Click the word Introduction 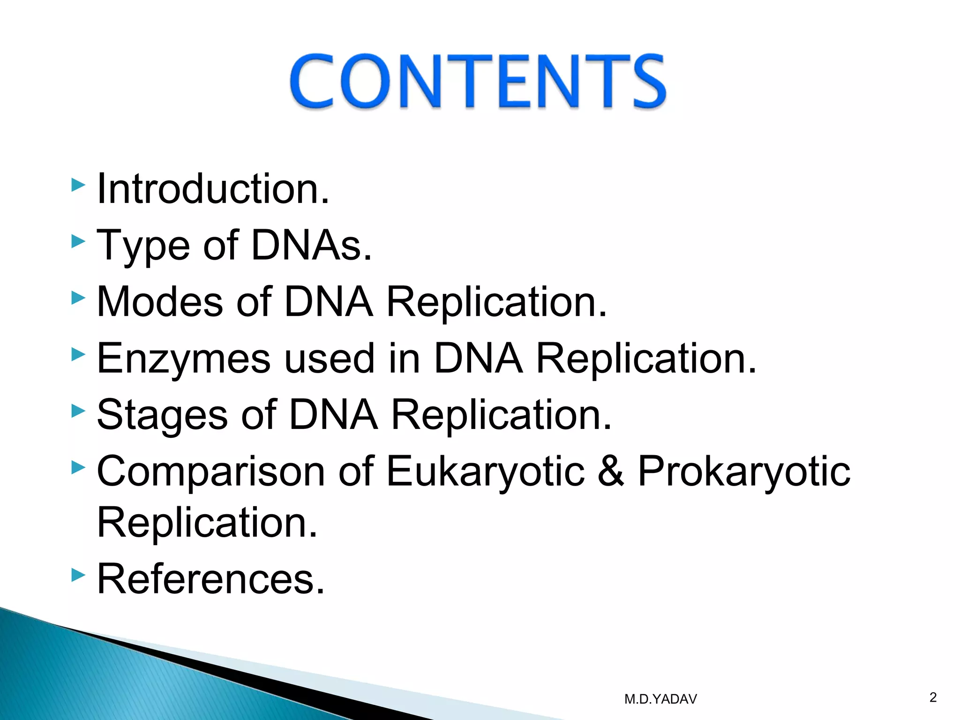[x=212, y=189]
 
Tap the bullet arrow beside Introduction [x=78, y=185]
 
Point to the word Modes [x=160, y=302]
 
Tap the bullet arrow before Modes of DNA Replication [x=78, y=298]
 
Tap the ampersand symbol [x=611, y=471]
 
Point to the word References [x=210, y=579]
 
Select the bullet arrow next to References [x=78, y=575]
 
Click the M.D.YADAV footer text [x=660, y=699]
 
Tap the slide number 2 [x=933, y=697]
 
